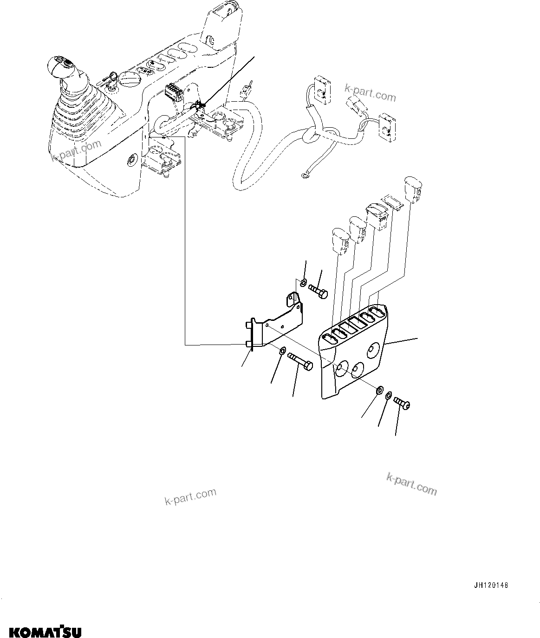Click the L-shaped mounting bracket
point(276,323)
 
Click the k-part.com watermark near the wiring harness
point(370,92)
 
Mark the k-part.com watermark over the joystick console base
point(76,151)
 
